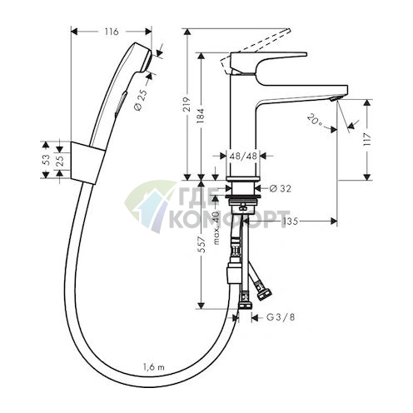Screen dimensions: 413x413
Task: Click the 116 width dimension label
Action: tap(112, 32)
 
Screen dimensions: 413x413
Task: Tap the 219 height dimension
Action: tap(188, 104)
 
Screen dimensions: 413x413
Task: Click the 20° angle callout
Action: tap(316, 121)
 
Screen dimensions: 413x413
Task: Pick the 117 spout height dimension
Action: tap(367, 141)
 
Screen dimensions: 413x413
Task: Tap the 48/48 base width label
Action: tap(243, 156)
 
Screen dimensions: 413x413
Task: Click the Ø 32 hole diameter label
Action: tap(280, 189)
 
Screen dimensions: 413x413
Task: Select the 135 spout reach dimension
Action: tap(290, 221)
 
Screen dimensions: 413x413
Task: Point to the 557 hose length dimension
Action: tap(202, 244)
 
